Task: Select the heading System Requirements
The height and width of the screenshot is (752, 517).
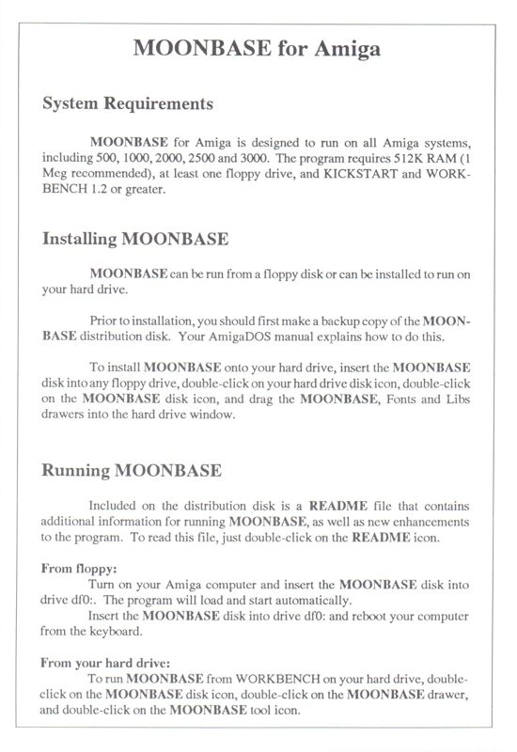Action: point(128,103)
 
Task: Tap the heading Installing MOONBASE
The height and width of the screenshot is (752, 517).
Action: point(135,239)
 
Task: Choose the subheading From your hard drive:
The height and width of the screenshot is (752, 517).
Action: point(105,662)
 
